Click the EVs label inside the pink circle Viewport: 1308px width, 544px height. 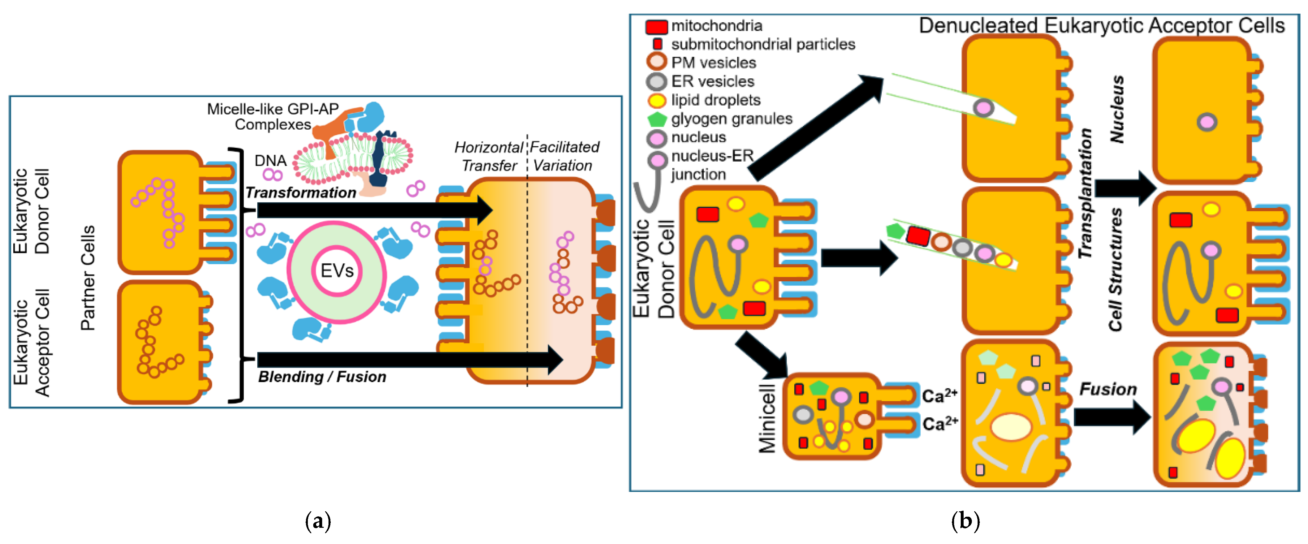[x=337, y=271]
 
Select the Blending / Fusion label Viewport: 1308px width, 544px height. [x=322, y=377]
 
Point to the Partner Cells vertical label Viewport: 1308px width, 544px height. [x=88, y=278]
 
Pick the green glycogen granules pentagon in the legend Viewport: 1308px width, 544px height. [x=656, y=120]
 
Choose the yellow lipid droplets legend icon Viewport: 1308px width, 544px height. [x=656, y=100]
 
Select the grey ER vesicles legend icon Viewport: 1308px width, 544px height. [x=656, y=82]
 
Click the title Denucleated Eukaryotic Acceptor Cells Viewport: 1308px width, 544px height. [x=1101, y=25]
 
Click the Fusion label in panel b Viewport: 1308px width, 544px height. [x=1108, y=389]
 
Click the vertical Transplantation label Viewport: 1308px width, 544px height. [x=1085, y=193]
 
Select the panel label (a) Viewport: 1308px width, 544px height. [x=318, y=521]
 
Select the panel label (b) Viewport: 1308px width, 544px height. [x=965, y=521]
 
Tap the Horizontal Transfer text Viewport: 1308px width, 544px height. [x=488, y=156]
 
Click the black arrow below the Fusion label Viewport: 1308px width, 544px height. [x=1112, y=417]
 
